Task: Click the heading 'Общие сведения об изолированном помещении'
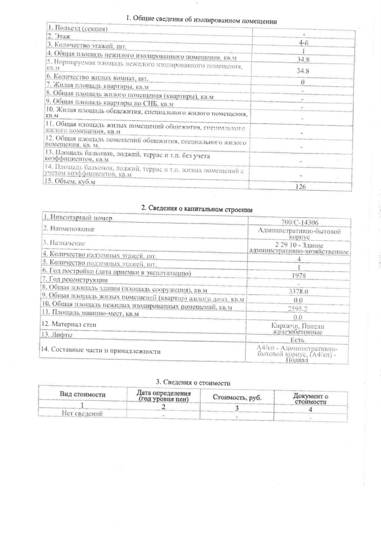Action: pos(201,20)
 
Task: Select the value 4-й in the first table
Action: pos(303,43)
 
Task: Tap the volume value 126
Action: pos(301,186)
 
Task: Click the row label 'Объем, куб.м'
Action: pos(70,181)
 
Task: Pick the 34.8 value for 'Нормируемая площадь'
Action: pos(302,70)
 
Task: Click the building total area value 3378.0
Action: pos(298,291)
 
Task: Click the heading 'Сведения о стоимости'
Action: pos(193,383)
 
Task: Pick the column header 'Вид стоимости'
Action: pos(83,394)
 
